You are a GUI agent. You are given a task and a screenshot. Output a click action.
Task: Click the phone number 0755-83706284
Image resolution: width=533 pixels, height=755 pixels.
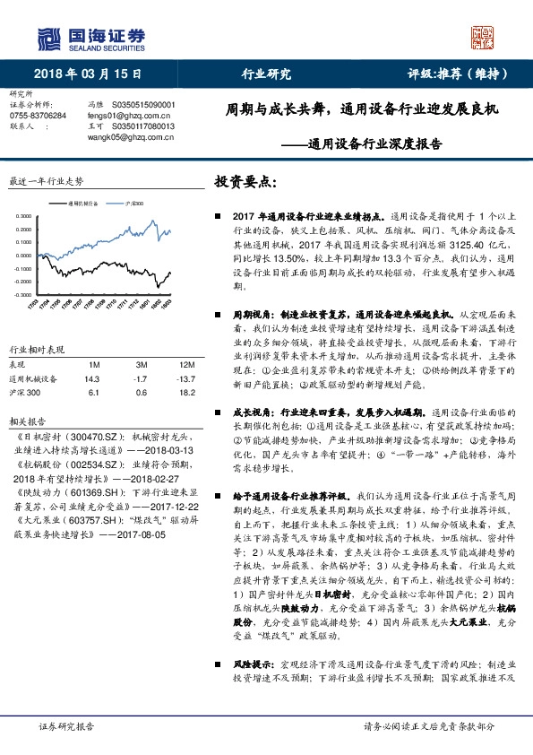37,116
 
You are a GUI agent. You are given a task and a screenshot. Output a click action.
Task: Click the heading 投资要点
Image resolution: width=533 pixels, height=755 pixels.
245,181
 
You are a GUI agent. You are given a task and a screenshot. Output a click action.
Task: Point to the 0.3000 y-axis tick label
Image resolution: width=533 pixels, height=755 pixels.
24,216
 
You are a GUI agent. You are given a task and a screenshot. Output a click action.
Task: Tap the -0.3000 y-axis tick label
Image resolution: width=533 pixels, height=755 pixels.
23,293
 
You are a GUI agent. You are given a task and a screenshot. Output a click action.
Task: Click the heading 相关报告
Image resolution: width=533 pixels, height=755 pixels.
24,420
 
